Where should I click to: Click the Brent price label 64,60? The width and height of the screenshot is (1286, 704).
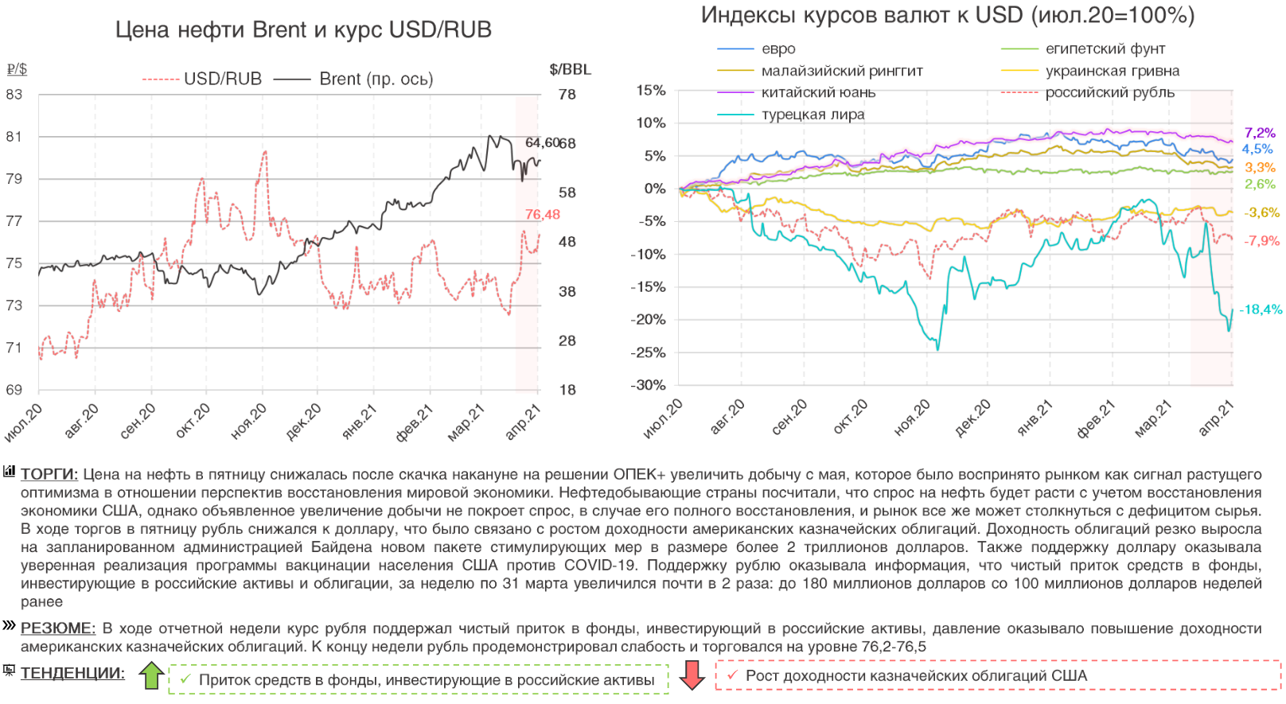pos(542,142)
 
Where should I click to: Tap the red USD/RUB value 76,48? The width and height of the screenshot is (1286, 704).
pos(543,215)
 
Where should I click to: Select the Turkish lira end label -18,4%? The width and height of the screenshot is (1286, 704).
pos(1261,309)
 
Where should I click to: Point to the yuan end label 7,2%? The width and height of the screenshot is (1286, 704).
pos(1260,133)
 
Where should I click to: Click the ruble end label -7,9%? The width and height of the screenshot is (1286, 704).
pos(1261,241)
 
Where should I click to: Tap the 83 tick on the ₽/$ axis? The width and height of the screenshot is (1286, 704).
pos(14,94)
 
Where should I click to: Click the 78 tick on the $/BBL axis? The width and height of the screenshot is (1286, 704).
pos(567,94)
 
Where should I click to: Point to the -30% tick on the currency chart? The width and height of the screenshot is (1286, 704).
pos(648,385)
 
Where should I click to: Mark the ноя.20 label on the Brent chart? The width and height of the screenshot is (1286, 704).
pos(248,422)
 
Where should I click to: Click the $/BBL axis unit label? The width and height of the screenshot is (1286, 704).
pos(570,69)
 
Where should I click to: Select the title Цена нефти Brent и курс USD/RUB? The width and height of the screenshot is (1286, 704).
pos(303,30)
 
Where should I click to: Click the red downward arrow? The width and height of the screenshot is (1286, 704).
pos(692,675)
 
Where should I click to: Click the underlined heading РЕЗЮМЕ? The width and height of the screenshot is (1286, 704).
pos(58,628)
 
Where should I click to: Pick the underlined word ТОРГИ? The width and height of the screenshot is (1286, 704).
pos(49,474)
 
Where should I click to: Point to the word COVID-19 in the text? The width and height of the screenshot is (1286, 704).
pos(600,566)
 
